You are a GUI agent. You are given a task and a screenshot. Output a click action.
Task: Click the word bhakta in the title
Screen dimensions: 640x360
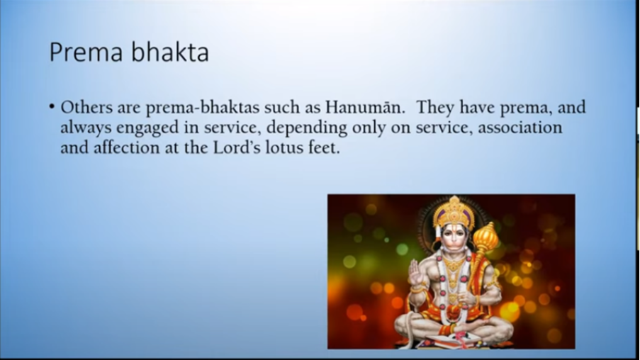[x=171, y=52]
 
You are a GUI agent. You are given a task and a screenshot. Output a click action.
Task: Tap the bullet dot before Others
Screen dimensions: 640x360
[x=52, y=107]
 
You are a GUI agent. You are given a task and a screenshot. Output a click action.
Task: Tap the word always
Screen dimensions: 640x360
[x=86, y=128]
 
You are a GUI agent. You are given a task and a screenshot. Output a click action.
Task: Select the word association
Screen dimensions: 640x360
[x=520, y=128]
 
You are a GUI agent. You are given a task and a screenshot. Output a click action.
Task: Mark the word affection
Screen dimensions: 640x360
[x=127, y=147]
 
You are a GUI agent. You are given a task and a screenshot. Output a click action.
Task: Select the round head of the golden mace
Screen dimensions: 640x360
[x=486, y=237]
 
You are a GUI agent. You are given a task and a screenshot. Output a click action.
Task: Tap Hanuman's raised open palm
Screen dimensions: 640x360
[x=416, y=272]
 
